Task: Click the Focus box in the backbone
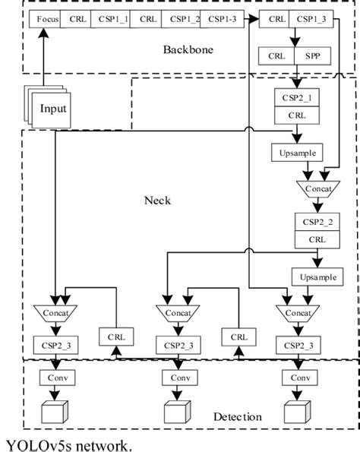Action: point(43,17)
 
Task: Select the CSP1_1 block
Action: point(111,17)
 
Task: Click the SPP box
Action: point(313,56)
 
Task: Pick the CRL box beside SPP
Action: point(277,56)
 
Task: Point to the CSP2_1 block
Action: point(294,99)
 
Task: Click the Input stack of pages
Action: point(51,109)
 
